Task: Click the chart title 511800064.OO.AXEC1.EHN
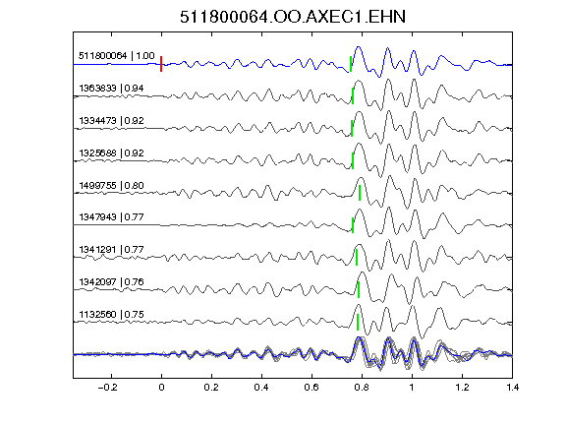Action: click(293, 17)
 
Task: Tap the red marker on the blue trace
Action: click(161, 64)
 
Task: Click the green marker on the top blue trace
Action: click(351, 64)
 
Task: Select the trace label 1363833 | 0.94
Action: click(111, 89)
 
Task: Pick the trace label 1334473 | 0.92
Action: click(111, 120)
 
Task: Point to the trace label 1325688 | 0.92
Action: click(111, 152)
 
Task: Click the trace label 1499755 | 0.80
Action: click(111, 185)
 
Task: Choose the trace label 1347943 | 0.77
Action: click(111, 216)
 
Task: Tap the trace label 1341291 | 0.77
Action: click(111, 249)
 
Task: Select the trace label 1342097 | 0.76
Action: click(111, 282)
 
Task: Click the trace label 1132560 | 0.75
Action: click(111, 315)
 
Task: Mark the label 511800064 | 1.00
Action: click(117, 56)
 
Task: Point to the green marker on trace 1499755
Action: click(360, 193)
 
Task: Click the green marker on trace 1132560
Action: click(358, 322)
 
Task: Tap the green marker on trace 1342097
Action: click(359, 290)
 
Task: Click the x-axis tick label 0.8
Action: click(362, 388)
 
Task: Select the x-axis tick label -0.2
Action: click(107, 388)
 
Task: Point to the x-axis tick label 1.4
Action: click(513, 388)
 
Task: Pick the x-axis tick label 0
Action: click(161, 388)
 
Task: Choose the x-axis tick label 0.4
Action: click(261, 388)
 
